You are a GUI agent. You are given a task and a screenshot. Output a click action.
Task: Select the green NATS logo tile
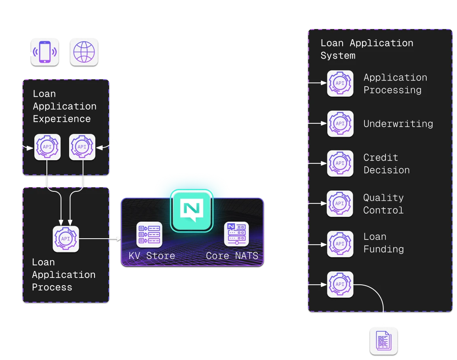(x=192, y=210)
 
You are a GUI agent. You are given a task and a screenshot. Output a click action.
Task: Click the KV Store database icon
(x=149, y=235)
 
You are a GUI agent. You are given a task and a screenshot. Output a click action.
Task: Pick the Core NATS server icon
(x=236, y=235)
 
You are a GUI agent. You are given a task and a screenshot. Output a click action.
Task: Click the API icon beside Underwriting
(x=340, y=124)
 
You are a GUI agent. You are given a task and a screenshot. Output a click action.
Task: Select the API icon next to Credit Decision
(x=340, y=164)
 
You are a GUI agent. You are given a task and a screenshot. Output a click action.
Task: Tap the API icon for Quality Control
(x=340, y=204)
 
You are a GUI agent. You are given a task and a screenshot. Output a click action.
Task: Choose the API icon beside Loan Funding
(x=340, y=244)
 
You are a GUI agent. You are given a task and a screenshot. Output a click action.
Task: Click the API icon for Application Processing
(x=340, y=84)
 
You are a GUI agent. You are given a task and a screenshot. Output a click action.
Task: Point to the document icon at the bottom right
(x=383, y=341)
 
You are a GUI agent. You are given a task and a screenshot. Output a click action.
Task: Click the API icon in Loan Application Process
(x=65, y=239)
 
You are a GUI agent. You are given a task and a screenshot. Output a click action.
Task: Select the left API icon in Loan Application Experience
(x=47, y=147)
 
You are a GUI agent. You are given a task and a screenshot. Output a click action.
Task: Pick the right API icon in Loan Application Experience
(x=82, y=147)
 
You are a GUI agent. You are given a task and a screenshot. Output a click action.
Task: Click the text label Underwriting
(x=398, y=124)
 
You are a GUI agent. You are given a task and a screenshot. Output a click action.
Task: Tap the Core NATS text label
(x=232, y=256)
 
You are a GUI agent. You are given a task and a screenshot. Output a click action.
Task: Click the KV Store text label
(x=152, y=256)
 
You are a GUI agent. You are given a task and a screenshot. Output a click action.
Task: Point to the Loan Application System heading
(x=366, y=49)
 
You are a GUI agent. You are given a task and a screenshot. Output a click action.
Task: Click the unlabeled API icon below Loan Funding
(x=340, y=284)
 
